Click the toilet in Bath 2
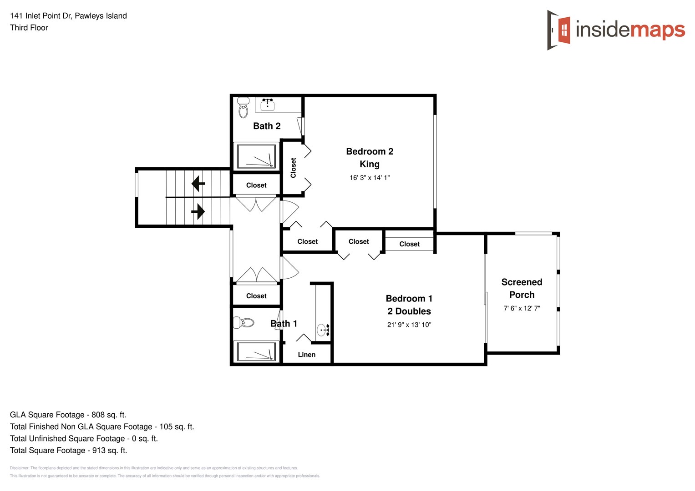click(x=244, y=107)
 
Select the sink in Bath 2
click(x=267, y=105)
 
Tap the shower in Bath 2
click(x=255, y=156)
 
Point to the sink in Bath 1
click(x=323, y=330)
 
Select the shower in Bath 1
click(x=255, y=352)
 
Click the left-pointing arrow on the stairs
click(x=198, y=184)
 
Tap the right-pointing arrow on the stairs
click(x=198, y=211)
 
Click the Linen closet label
click(x=306, y=355)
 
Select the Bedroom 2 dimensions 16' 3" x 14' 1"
click(x=370, y=178)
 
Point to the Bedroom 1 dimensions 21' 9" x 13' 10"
click(x=409, y=325)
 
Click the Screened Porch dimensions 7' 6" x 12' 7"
click(x=522, y=308)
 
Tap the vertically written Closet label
click(x=293, y=168)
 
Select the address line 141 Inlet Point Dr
click(x=68, y=16)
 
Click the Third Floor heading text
click(x=29, y=28)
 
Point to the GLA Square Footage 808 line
click(x=68, y=415)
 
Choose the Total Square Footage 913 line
click(x=68, y=450)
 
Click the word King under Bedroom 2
click(x=370, y=164)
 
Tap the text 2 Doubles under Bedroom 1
click(x=409, y=311)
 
